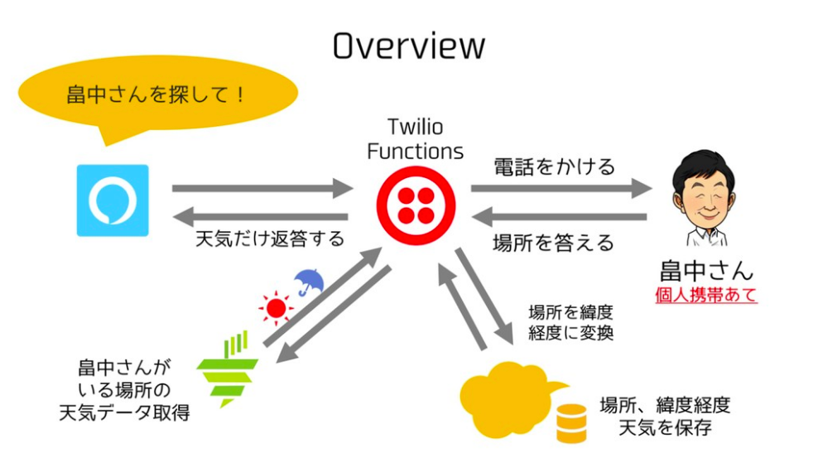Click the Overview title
408,46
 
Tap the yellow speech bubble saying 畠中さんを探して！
157,94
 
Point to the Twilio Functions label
415,139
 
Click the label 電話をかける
554,166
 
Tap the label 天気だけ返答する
269,240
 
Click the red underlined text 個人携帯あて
706,295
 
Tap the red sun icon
277,309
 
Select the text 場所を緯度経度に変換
570,323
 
